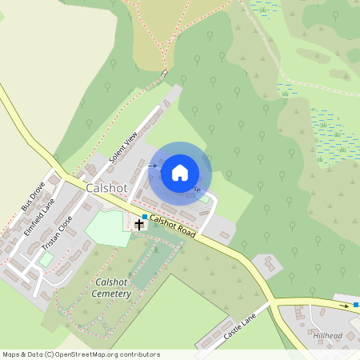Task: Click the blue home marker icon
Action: click(180, 173)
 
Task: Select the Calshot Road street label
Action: click(173, 227)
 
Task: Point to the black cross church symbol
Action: click(139, 225)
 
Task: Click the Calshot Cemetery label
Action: click(113, 288)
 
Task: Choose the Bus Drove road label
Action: click(33, 197)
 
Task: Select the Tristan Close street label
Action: click(57, 231)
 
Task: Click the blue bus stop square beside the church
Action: click(144, 217)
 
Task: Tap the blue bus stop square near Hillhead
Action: click(356, 305)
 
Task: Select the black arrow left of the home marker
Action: click(152, 166)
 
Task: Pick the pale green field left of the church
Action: click(106, 227)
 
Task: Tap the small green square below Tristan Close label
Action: click(46, 258)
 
